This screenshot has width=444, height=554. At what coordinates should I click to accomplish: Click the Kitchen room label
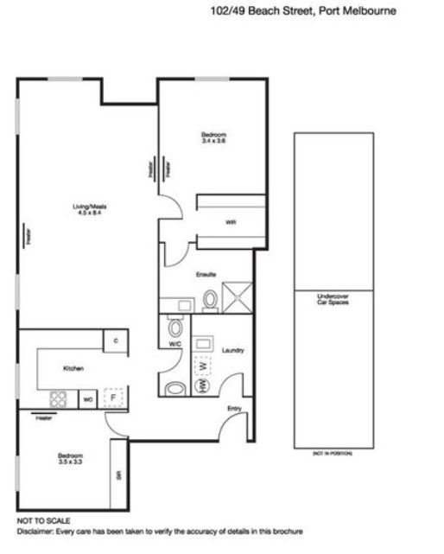click(73, 369)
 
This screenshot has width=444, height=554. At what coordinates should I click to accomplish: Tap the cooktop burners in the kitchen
click(60, 398)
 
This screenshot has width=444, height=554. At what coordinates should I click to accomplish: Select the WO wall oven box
click(87, 399)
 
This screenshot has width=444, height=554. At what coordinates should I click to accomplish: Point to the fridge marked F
click(113, 398)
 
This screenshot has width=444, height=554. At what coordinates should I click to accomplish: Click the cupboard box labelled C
click(115, 341)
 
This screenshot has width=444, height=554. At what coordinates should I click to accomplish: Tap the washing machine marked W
click(204, 365)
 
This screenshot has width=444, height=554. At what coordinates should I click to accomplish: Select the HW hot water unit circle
click(204, 386)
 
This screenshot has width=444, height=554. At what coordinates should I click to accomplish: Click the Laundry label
click(233, 351)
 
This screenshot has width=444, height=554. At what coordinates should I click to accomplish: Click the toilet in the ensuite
click(210, 300)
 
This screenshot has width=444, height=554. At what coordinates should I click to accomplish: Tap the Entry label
click(234, 409)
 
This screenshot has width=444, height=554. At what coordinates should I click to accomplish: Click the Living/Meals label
click(89, 207)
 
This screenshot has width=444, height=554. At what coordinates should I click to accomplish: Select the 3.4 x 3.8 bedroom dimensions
click(213, 140)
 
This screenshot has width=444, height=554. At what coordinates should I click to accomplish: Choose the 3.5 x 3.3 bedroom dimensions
click(70, 461)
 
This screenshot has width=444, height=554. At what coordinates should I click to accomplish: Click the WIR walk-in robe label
click(231, 222)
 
